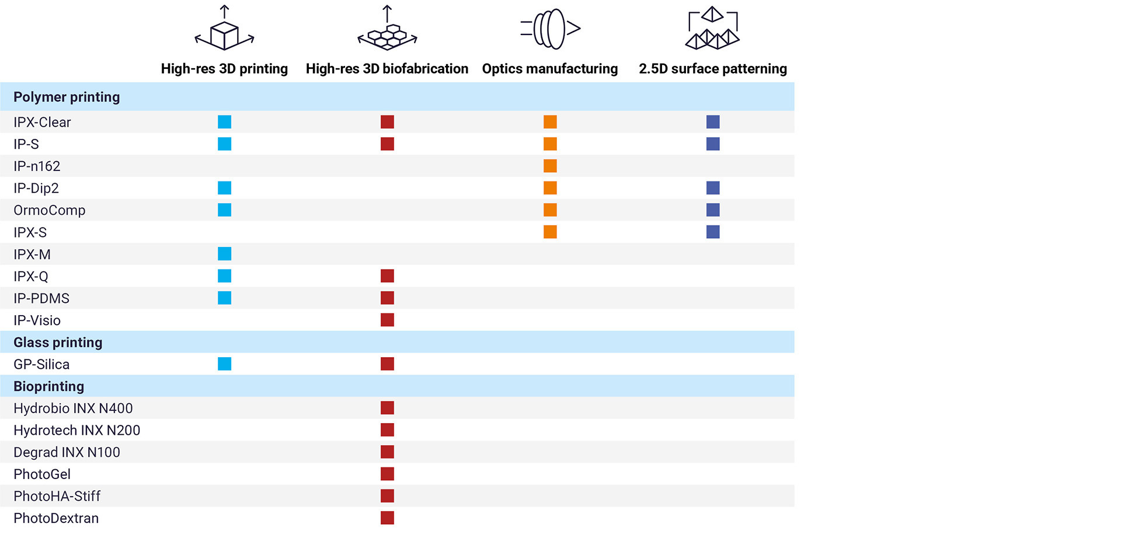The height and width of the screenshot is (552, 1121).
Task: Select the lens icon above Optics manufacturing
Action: [550, 29]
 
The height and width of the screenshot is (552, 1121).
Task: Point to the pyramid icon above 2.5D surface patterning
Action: [712, 30]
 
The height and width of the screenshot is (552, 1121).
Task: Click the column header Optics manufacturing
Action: [549, 69]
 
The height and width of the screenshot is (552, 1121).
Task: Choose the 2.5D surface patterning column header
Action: [712, 69]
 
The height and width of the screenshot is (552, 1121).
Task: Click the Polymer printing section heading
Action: [67, 97]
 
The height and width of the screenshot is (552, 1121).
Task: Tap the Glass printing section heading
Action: [58, 343]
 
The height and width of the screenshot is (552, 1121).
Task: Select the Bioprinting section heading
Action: [48, 386]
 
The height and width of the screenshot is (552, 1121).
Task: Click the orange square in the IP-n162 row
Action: [550, 166]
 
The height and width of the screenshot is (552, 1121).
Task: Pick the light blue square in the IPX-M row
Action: [224, 254]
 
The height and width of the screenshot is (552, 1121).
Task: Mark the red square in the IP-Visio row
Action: [387, 320]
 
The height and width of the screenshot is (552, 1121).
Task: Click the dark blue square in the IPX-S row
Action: [713, 232]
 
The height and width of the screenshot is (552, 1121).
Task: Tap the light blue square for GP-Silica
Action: [224, 364]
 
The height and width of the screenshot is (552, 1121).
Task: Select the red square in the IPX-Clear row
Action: [387, 122]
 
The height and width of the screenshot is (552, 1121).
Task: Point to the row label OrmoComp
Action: [49, 210]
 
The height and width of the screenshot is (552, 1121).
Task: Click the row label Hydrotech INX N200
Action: [76, 431]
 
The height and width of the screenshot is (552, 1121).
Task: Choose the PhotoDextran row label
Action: [56, 518]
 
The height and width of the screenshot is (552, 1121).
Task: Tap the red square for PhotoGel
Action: [387, 474]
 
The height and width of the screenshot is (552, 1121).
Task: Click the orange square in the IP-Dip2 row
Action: [550, 188]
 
